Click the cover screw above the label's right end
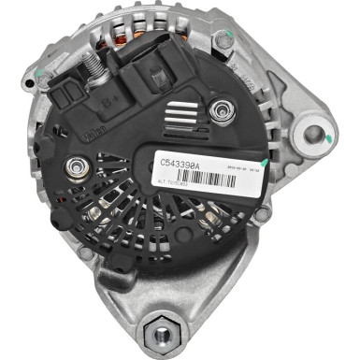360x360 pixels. coord(223,111)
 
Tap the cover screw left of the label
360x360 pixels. coord(76,169)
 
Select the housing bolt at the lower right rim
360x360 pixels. coord(263,214)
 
